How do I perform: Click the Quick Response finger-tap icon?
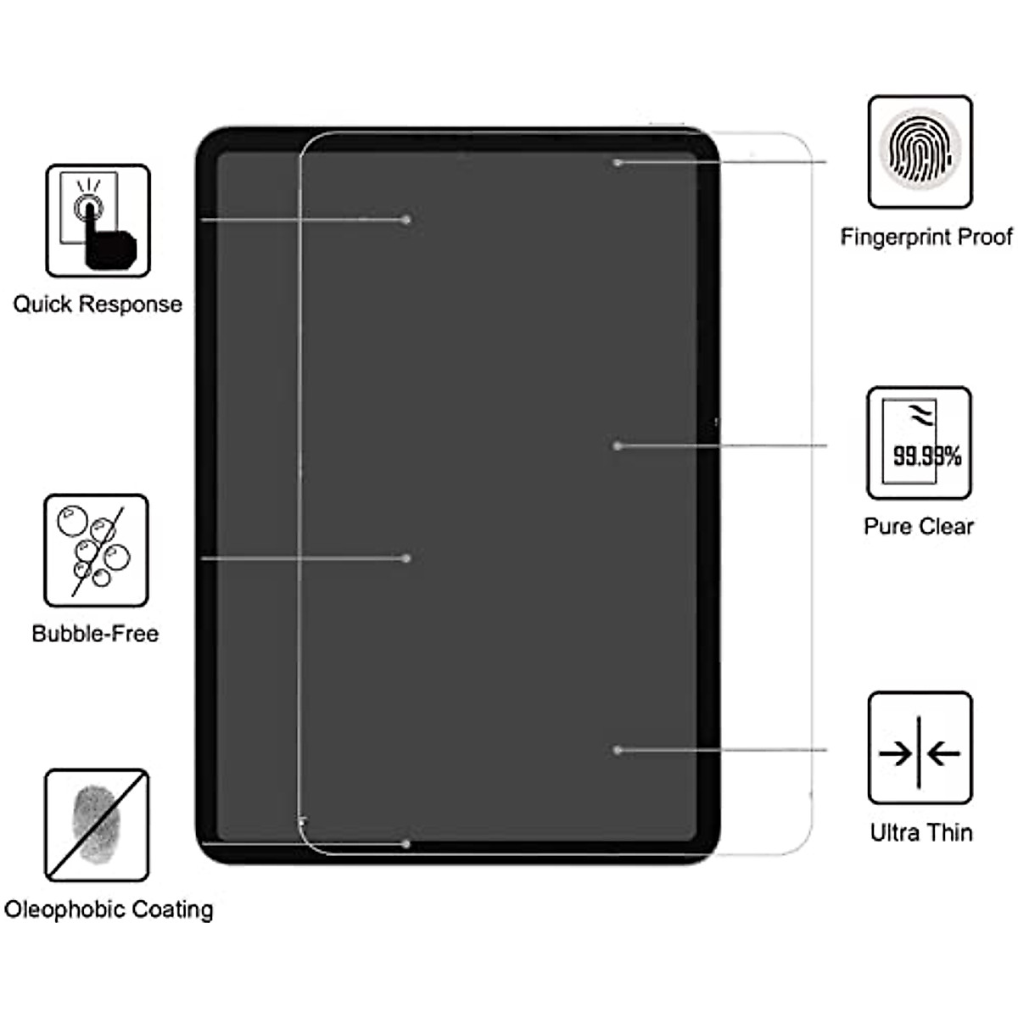coord(98,221)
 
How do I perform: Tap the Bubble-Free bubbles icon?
coord(96,551)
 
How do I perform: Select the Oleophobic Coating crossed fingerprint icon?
coord(97,825)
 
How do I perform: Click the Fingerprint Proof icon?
coord(920,152)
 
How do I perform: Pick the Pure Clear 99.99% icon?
coord(919,443)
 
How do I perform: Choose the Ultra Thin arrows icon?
coord(920,748)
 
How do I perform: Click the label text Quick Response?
coord(98,305)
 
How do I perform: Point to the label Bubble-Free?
coord(95,634)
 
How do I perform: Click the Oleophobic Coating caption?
coord(109,909)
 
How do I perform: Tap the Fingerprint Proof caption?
coord(926,237)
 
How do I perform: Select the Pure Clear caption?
coord(919,527)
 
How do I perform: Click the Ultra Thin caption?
coord(921,833)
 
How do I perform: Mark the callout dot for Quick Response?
coord(406,220)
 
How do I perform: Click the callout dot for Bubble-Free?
coord(406,558)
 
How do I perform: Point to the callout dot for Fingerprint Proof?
coord(618,162)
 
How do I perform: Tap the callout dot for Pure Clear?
coord(618,445)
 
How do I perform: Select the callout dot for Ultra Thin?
coord(618,750)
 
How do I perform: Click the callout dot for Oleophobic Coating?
coord(406,844)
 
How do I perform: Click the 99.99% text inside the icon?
coord(927,456)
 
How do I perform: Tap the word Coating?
coord(172,909)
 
